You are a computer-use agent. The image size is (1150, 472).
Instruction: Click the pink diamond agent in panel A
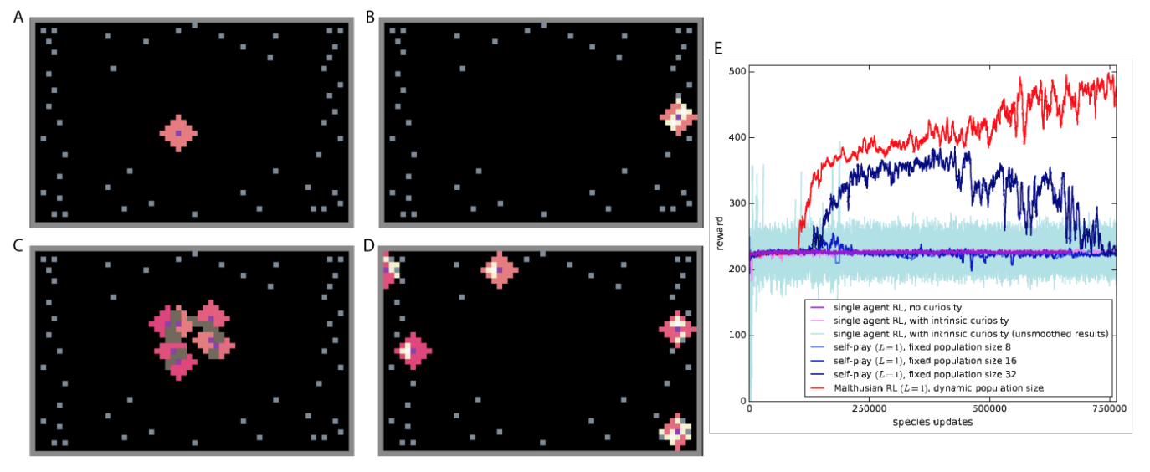tap(178, 132)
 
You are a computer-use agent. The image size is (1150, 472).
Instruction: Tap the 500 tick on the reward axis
tap(737, 71)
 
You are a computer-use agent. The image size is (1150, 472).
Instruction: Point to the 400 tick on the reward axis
tap(737, 137)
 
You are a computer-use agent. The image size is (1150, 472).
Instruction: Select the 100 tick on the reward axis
tap(737, 336)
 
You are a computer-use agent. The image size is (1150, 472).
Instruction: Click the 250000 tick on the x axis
tap(870, 410)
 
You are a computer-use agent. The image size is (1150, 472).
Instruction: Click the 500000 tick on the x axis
tap(989, 410)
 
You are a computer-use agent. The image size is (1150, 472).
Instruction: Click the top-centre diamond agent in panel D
tap(500, 269)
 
